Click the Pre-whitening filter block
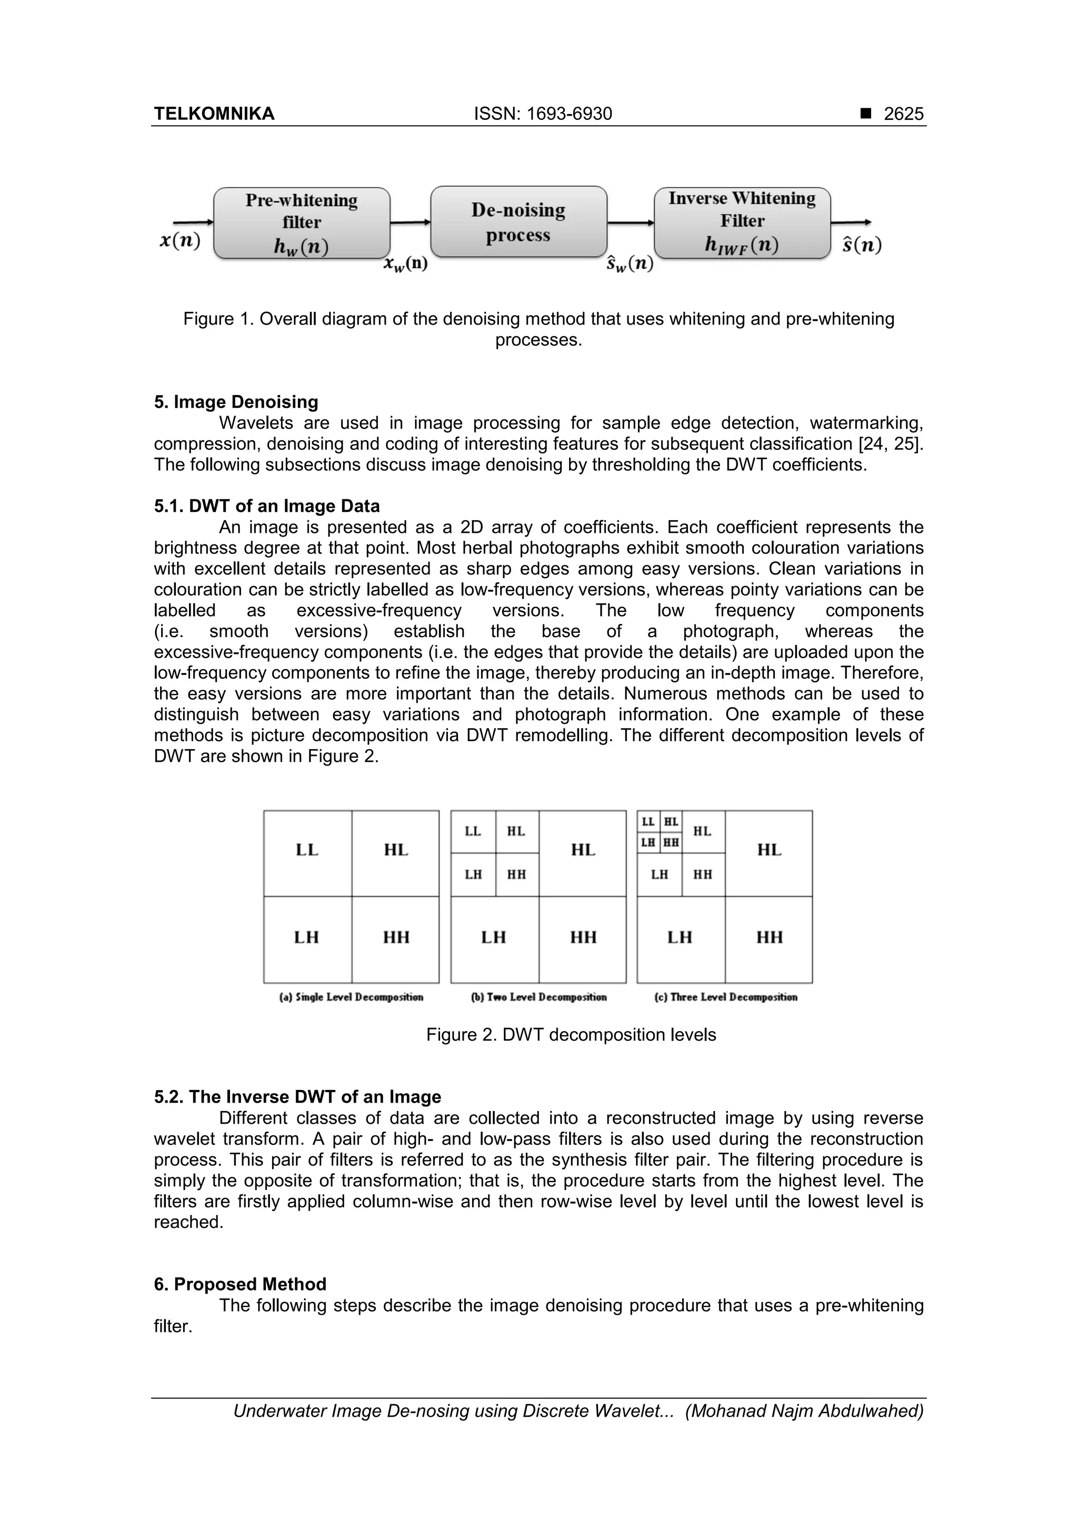[x=302, y=223]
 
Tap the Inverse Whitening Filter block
[x=742, y=223]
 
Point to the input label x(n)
[x=180, y=240]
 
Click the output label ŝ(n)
[x=862, y=245]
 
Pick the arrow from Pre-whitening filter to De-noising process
[x=410, y=223]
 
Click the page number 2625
[x=903, y=114]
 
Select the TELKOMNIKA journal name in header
[x=214, y=114]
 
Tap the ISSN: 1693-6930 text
[x=543, y=114]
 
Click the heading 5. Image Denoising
[x=236, y=402]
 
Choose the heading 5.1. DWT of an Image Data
[x=266, y=507]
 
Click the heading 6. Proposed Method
[x=240, y=1285]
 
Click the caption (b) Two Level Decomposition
[x=538, y=997]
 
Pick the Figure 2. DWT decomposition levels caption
[x=571, y=1035]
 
